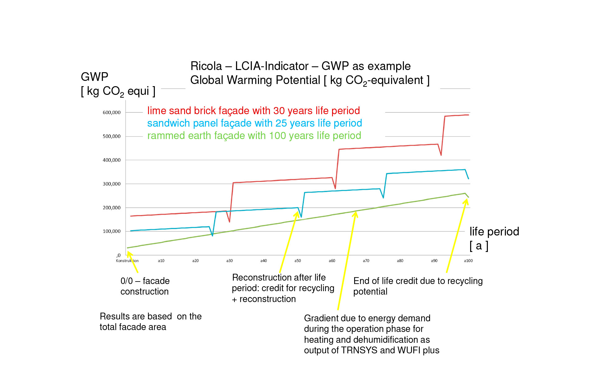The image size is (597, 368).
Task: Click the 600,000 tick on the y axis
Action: tap(112, 113)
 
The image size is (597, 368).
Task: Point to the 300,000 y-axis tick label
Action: tap(112, 184)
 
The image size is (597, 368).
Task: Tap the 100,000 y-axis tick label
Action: tap(112, 231)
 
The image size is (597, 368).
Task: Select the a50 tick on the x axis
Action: tap(298, 261)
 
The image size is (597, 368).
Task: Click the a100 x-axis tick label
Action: tap(468, 261)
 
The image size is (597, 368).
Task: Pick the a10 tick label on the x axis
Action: tap(161, 261)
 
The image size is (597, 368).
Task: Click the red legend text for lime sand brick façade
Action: tap(253, 111)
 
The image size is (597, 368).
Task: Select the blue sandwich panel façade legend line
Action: tap(254, 123)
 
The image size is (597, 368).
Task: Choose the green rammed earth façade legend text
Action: tap(254, 136)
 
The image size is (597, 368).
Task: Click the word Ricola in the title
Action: tap(206, 66)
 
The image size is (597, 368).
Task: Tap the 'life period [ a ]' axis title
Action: tap(494, 238)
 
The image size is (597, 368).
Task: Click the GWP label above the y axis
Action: tap(95, 77)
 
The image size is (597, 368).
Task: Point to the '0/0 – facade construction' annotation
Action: tap(145, 286)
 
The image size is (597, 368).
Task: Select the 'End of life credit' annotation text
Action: tap(418, 286)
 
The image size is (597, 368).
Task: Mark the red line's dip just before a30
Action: tap(229, 221)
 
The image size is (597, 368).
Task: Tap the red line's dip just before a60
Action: tap(335, 188)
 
